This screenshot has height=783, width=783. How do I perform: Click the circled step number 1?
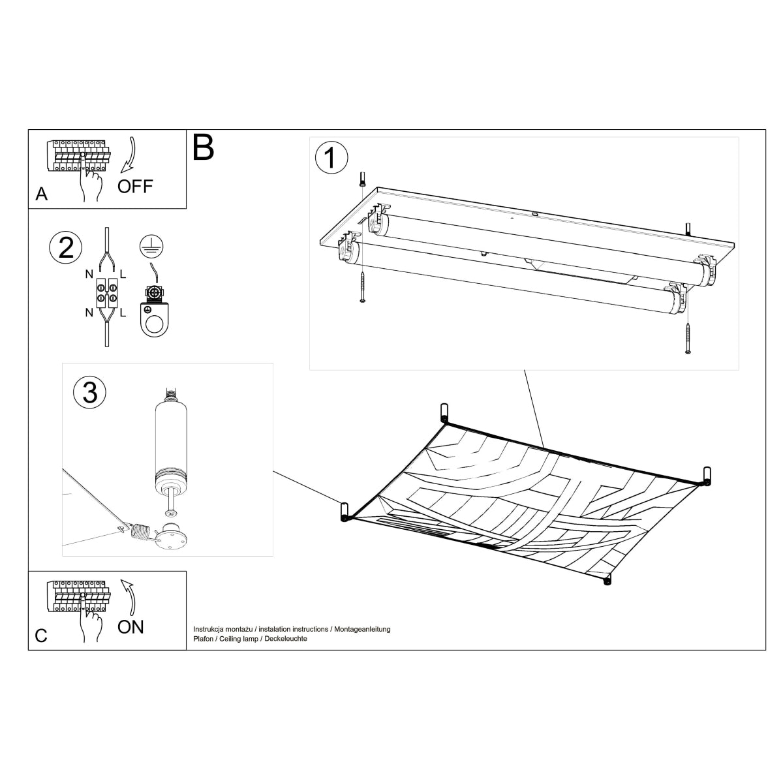[x=331, y=158]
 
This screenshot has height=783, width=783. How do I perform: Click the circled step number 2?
[x=66, y=249]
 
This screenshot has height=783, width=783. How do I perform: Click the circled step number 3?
[x=90, y=392]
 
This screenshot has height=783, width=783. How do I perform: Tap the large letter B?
[x=204, y=148]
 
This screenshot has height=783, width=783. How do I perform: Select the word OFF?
[x=135, y=187]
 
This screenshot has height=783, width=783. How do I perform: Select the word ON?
[x=130, y=627]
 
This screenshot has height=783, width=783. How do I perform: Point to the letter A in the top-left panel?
[x=42, y=194]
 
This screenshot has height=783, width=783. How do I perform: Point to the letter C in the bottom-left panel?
[x=41, y=636]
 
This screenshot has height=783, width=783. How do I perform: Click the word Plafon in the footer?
[x=204, y=639]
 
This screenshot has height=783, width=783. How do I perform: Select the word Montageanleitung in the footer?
[x=362, y=629]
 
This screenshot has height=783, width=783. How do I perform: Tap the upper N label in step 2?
[x=89, y=275]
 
